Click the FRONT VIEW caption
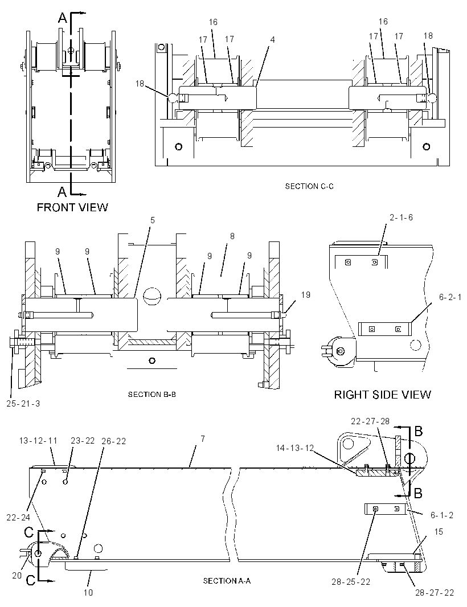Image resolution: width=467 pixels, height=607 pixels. pos(72,207)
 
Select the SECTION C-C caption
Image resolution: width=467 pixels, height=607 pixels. pos(309,186)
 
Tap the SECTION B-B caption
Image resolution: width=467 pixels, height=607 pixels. pos(152,395)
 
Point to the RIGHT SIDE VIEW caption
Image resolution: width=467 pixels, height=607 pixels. pos(382,395)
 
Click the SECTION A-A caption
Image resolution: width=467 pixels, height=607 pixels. pos(227,581)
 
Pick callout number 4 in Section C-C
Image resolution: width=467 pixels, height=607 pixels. pos(273,39)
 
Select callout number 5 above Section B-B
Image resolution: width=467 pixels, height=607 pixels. pos(153,220)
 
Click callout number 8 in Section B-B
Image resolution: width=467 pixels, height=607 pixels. pos(232,236)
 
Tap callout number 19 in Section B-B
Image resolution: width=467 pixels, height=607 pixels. pos(305,295)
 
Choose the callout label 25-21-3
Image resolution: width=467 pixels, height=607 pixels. pos(23,403)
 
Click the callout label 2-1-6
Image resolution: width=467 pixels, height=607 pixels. pos(401,218)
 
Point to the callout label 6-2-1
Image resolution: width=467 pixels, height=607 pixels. pos(450,297)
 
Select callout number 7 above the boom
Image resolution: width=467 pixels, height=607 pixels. pos(203,438)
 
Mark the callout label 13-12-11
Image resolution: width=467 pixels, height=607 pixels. pos(38,441)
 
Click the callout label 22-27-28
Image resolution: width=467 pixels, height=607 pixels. pos(370,421)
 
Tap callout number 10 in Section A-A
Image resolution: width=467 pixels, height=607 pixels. pos(88,592)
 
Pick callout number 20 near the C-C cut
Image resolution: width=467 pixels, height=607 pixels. pos(17,576)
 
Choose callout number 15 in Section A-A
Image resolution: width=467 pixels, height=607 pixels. pos(439,531)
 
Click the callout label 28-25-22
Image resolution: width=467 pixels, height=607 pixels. pos(351,582)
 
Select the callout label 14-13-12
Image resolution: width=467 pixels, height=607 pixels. pos(295,448)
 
